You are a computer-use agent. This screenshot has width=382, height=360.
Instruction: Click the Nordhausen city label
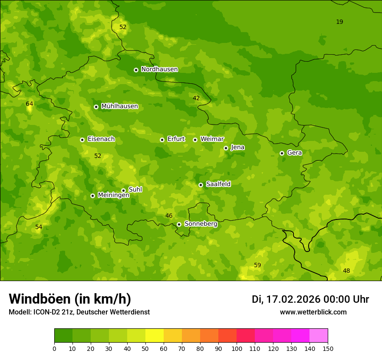(159, 69)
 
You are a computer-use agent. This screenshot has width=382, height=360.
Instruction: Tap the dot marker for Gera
(282, 153)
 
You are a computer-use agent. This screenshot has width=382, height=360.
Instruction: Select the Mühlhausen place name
(119, 106)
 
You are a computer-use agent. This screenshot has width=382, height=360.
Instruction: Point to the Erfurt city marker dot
(162, 140)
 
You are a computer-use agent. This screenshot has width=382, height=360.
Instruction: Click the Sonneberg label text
(201, 224)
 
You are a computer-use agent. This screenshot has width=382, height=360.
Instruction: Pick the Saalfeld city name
(218, 184)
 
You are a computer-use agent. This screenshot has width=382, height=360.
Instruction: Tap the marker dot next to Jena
(226, 148)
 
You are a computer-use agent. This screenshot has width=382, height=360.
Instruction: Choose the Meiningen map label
(113, 195)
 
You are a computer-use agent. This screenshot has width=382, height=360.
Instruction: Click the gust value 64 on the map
(30, 104)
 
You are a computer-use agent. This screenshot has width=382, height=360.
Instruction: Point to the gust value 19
(339, 22)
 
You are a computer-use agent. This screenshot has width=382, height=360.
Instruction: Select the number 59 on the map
(257, 265)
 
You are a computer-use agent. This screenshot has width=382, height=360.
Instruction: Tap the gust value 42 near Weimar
(196, 98)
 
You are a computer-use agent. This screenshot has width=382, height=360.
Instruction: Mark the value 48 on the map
(346, 271)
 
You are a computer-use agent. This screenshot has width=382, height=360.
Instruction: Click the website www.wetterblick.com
(313, 312)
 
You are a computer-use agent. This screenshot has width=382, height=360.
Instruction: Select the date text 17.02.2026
(293, 299)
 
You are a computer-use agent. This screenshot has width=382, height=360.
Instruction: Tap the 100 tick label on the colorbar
(237, 348)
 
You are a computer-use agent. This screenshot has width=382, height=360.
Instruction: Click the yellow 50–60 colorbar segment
(155, 336)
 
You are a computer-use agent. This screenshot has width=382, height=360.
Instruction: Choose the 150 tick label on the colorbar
(328, 348)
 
